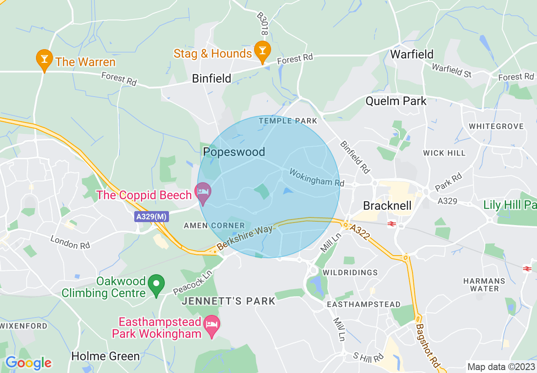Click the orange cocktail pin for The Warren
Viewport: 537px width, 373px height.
(44, 60)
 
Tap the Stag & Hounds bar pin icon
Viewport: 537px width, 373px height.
(262, 51)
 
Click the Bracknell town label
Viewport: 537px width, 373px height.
(388, 206)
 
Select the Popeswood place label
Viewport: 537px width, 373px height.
(234, 152)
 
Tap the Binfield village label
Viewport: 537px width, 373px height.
(212, 78)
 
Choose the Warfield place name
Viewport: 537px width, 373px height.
(412, 54)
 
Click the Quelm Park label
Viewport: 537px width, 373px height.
(396, 101)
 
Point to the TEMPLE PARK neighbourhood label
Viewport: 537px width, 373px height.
(288, 121)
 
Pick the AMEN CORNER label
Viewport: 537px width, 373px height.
(214, 226)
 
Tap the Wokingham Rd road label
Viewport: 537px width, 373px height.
(317, 178)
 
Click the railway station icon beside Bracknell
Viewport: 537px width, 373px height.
(392, 224)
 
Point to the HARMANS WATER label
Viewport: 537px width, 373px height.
(484, 285)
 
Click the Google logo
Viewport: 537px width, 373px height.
(28, 363)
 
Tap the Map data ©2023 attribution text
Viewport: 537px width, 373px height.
(500, 366)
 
